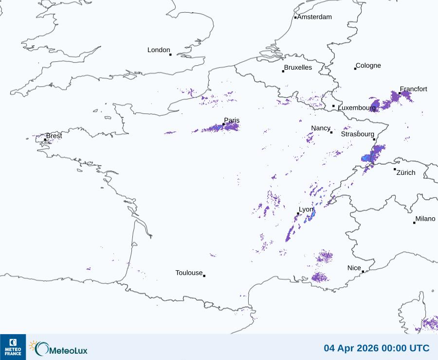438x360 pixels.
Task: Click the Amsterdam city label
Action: coord(314,17)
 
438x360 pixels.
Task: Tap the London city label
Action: coord(159,50)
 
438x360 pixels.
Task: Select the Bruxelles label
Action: coord(298,68)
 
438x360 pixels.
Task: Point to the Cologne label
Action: coord(368,66)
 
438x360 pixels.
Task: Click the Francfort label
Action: coord(414,89)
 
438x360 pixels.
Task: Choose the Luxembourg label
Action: coord(357,108)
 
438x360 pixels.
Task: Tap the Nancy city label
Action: coord(321,128)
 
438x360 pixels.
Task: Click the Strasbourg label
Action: coord(358,134)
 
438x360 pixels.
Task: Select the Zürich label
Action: coord(406,172)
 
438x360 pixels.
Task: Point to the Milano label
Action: coord(425,219)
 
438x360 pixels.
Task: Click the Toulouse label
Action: coord(189,273)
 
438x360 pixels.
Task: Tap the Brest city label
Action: coord(54,136)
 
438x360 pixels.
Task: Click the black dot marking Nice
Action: coord(363,272)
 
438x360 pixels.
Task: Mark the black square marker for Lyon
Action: coord(298,214)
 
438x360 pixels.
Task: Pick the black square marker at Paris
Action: coord(224,124)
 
